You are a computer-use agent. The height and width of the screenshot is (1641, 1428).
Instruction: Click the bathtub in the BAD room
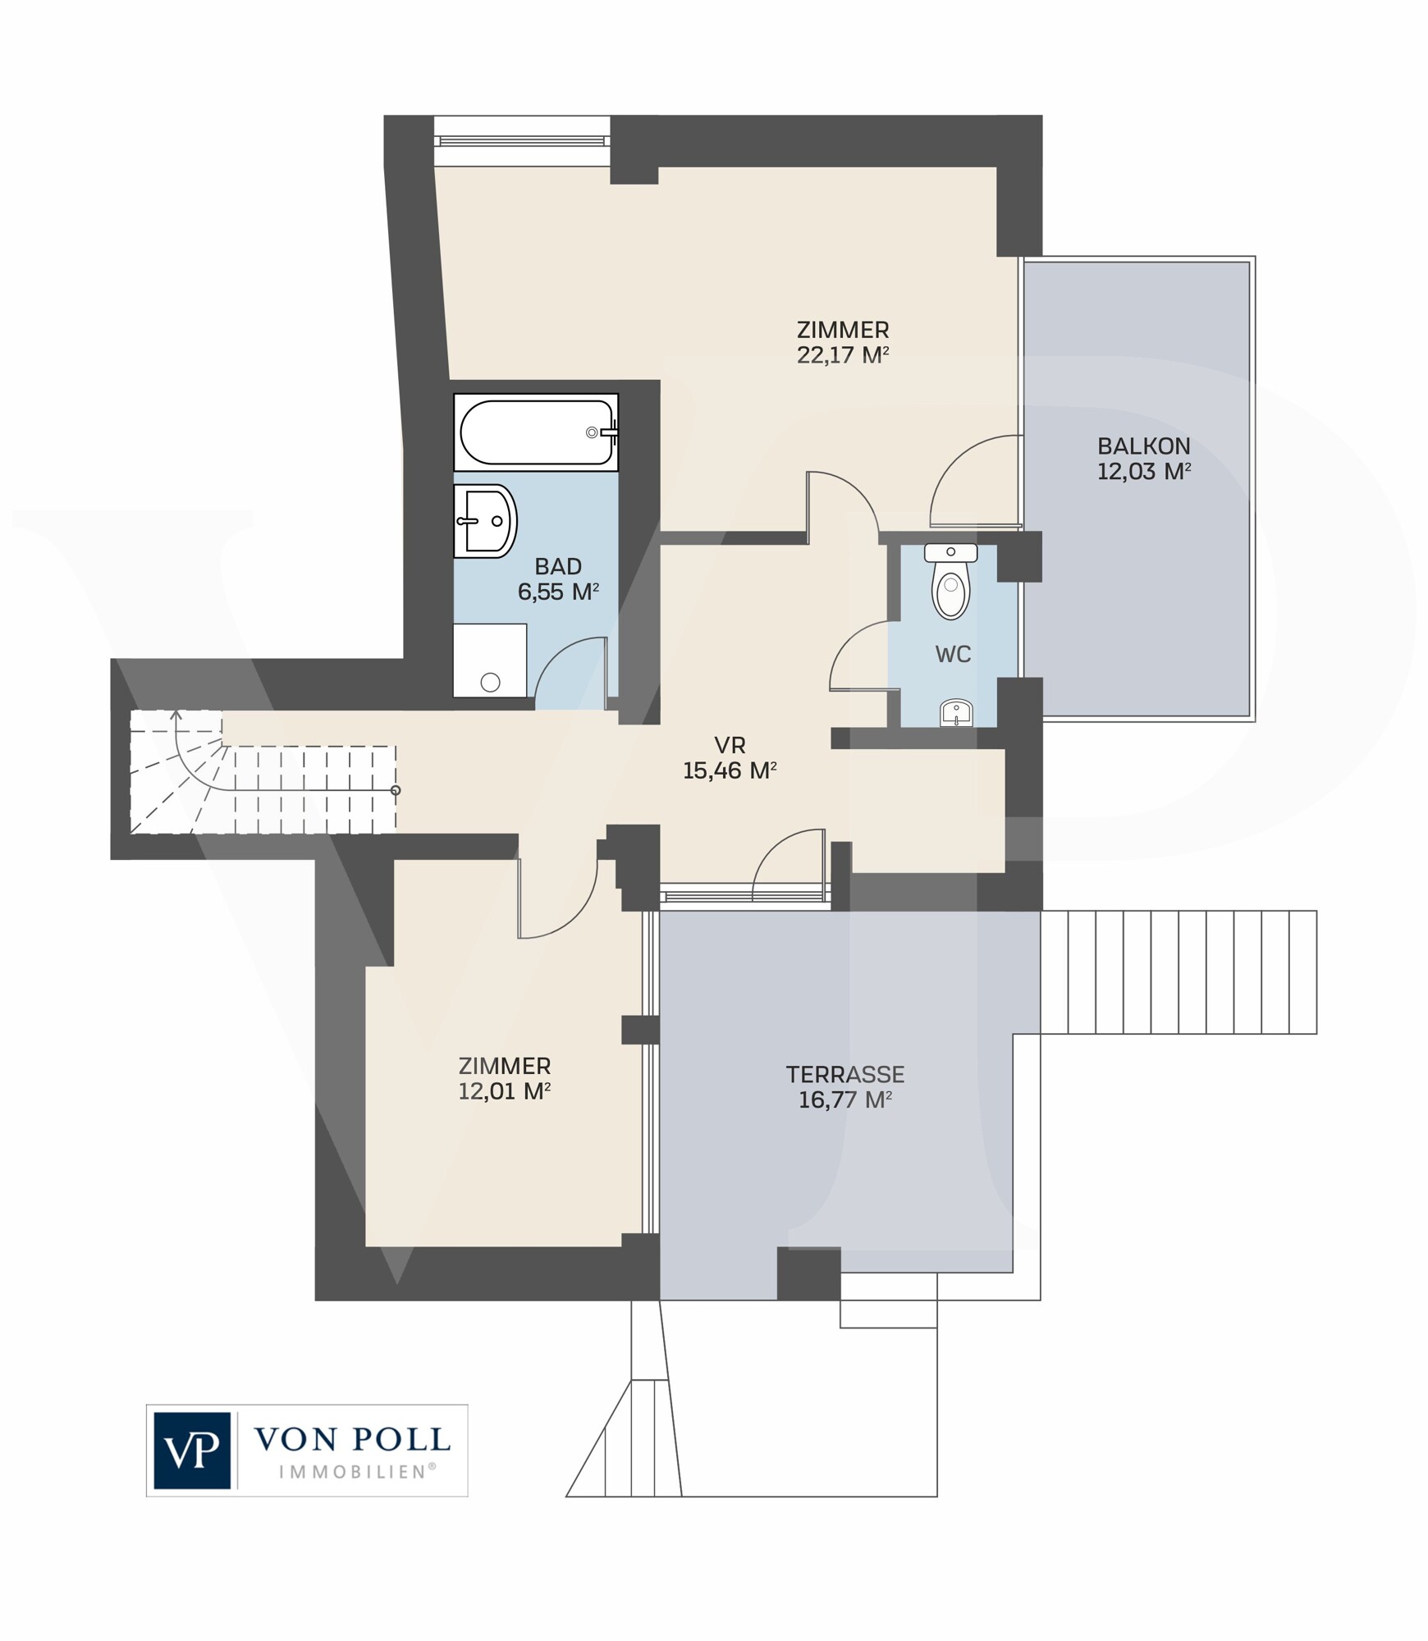536,432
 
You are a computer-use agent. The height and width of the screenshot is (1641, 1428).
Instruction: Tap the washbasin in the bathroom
485,520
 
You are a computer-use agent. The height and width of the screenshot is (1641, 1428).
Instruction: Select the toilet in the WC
950,579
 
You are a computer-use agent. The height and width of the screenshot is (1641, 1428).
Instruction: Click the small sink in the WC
955,713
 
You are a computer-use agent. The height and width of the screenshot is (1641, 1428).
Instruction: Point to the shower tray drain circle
491,682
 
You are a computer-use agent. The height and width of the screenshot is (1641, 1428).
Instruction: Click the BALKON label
1144,446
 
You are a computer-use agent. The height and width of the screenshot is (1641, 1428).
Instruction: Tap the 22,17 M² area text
843,355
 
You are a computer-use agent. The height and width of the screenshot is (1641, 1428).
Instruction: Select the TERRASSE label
845,1074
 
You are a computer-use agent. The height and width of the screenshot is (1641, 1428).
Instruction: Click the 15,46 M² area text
730,770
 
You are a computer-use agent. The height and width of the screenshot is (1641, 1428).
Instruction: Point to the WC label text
953,654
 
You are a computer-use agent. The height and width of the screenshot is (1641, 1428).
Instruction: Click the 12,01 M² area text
504,1091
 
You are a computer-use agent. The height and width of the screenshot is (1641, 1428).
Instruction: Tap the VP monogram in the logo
192,1451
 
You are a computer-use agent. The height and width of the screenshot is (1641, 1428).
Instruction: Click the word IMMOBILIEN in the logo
357,1471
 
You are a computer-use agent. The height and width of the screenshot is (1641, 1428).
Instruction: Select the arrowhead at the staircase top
176,715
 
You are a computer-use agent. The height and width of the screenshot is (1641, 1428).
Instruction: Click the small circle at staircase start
396,790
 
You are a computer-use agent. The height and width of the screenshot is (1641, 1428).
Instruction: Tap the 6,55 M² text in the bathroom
558,592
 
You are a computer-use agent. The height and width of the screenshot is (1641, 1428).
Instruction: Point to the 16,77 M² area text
845,1099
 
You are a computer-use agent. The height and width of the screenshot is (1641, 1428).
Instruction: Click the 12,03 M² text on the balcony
1144,472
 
